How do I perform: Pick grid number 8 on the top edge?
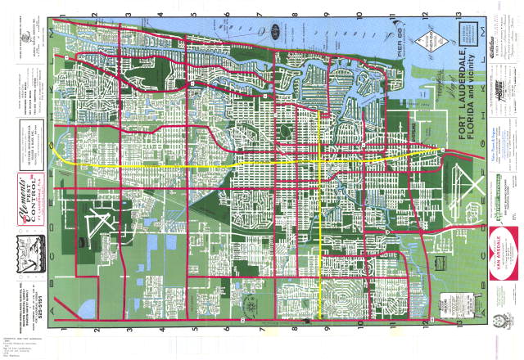[293, 15]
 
